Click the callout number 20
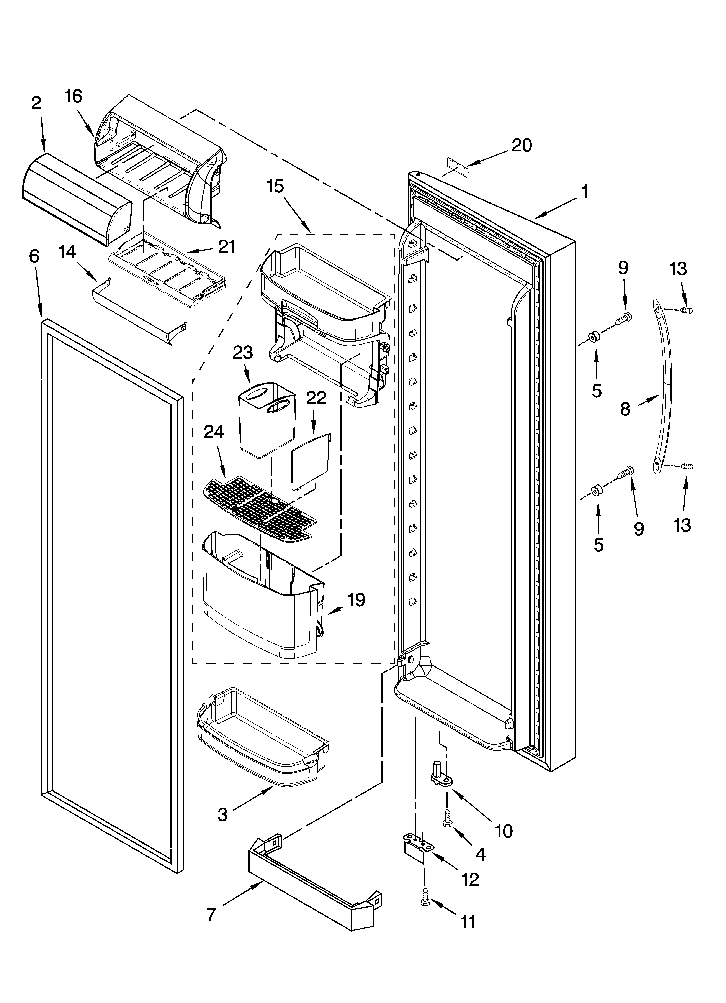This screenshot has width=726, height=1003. click(x=522, y=146)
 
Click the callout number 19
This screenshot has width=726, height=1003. click(x=356, y=600)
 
